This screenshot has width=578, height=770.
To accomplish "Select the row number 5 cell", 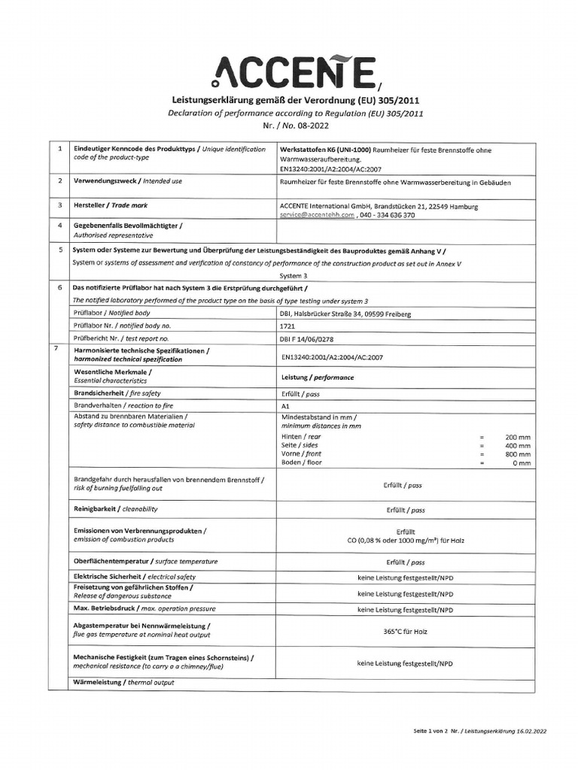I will pos(59,250).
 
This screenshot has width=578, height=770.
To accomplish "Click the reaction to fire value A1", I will pos(284,405).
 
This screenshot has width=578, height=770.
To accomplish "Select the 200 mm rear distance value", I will pos(518,436).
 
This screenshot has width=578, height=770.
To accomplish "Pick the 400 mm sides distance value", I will pos(518,445).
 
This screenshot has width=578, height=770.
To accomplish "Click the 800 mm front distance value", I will pos(518,454).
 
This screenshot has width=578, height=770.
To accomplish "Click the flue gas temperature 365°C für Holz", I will pos(405,632).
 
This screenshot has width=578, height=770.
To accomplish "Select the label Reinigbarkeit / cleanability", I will pos(115,510).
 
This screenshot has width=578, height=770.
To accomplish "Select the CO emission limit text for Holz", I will pos(406,540).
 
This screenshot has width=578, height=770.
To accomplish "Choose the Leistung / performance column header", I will pos(317,377).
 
